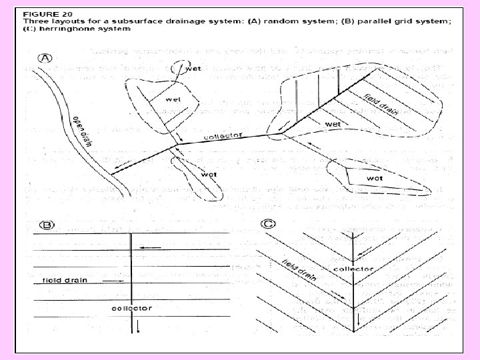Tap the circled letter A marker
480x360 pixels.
tap(45, 59)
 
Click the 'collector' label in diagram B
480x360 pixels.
tap(132, 308)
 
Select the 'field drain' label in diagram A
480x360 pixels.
tap(381, 103)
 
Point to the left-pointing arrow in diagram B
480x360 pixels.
tap(150, 247)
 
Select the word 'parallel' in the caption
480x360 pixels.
tap(341, 21)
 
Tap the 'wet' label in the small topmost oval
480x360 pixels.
tap(193, 67)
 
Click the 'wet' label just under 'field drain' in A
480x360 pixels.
tap(333, 124)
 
